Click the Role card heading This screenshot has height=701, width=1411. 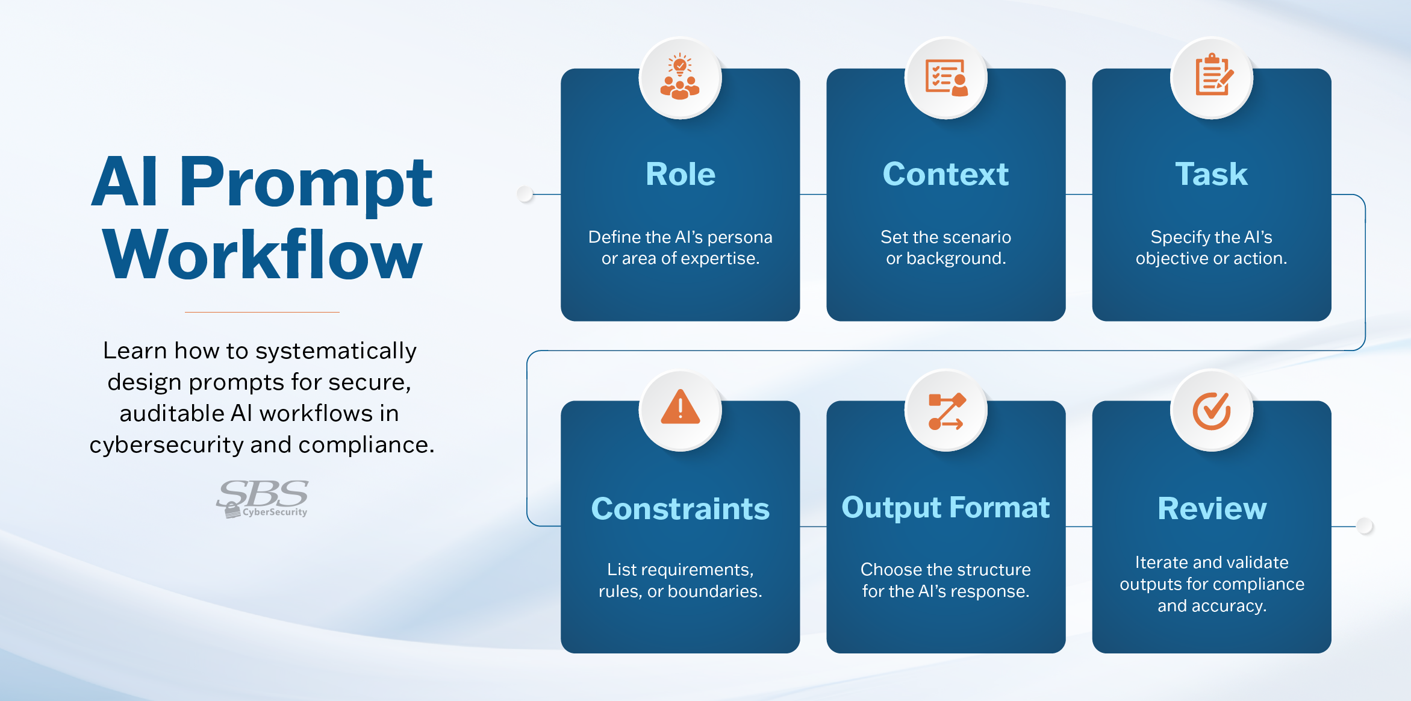[680, 175]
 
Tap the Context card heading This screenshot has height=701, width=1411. [945, 175]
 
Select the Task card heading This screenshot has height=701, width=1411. [1211, 175]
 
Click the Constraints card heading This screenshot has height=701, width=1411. [680, 509]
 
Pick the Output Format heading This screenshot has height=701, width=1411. [945, 508]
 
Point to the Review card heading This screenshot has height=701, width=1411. [1212, 509]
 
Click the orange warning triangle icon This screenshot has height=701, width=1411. [680, 409]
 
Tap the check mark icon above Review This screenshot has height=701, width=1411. [1211, 411]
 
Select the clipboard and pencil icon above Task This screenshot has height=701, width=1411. [1213, 75]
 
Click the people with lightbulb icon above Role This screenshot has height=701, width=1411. [680, 77]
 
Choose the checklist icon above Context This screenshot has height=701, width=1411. [946, 77]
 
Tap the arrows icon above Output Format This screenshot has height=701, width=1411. [946, 411]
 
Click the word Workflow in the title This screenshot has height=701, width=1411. [263, 255]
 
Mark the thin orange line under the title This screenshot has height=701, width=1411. [262, 312]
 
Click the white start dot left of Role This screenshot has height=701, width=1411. [525, 194]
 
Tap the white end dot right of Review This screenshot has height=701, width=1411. [1365, 526]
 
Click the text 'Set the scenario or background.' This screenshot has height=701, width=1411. [945, 248]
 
